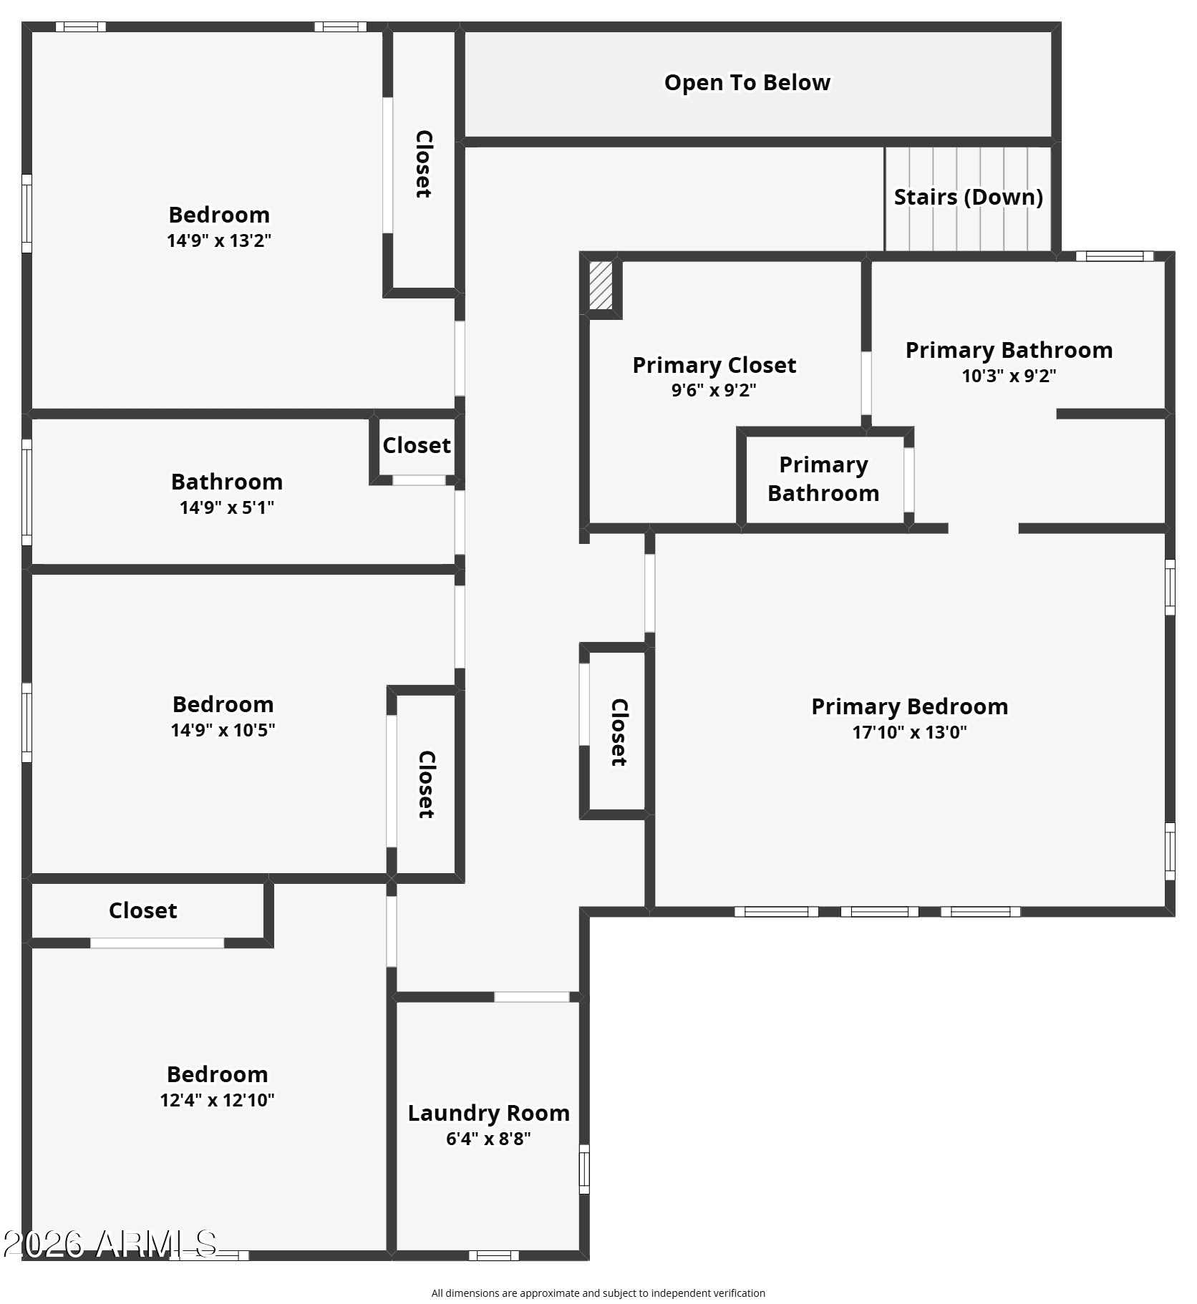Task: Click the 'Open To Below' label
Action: [x=747, y=82]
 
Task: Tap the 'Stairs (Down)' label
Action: [x=968, y=197]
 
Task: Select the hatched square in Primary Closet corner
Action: [x=601, y=285]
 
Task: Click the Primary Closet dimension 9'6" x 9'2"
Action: [x=714, y=390]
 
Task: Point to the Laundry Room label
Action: [x=489, y=1113]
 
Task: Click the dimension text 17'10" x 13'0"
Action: [x=909, y=732]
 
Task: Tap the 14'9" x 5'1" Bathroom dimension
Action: [x=227, y=507]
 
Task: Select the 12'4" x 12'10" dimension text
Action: [x=217, y=1100]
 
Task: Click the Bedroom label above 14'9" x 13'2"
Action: [x=219, y=215]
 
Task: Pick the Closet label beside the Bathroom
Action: [x=417, y=445]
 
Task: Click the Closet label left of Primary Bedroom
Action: [x=619, y=732]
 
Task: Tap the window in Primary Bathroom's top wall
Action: [x=1115, y=256]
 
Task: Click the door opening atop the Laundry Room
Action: [x=532, y=997]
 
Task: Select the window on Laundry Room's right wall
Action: [x=584, y=1169]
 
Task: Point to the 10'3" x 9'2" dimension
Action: [x=1009, y=376]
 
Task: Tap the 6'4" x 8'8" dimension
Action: [x=488, y=1139]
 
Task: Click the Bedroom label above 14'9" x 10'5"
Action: [x=223, y=704]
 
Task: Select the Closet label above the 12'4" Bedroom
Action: [x=142, y=910]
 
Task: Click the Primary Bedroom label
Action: [x=909, y=706]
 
